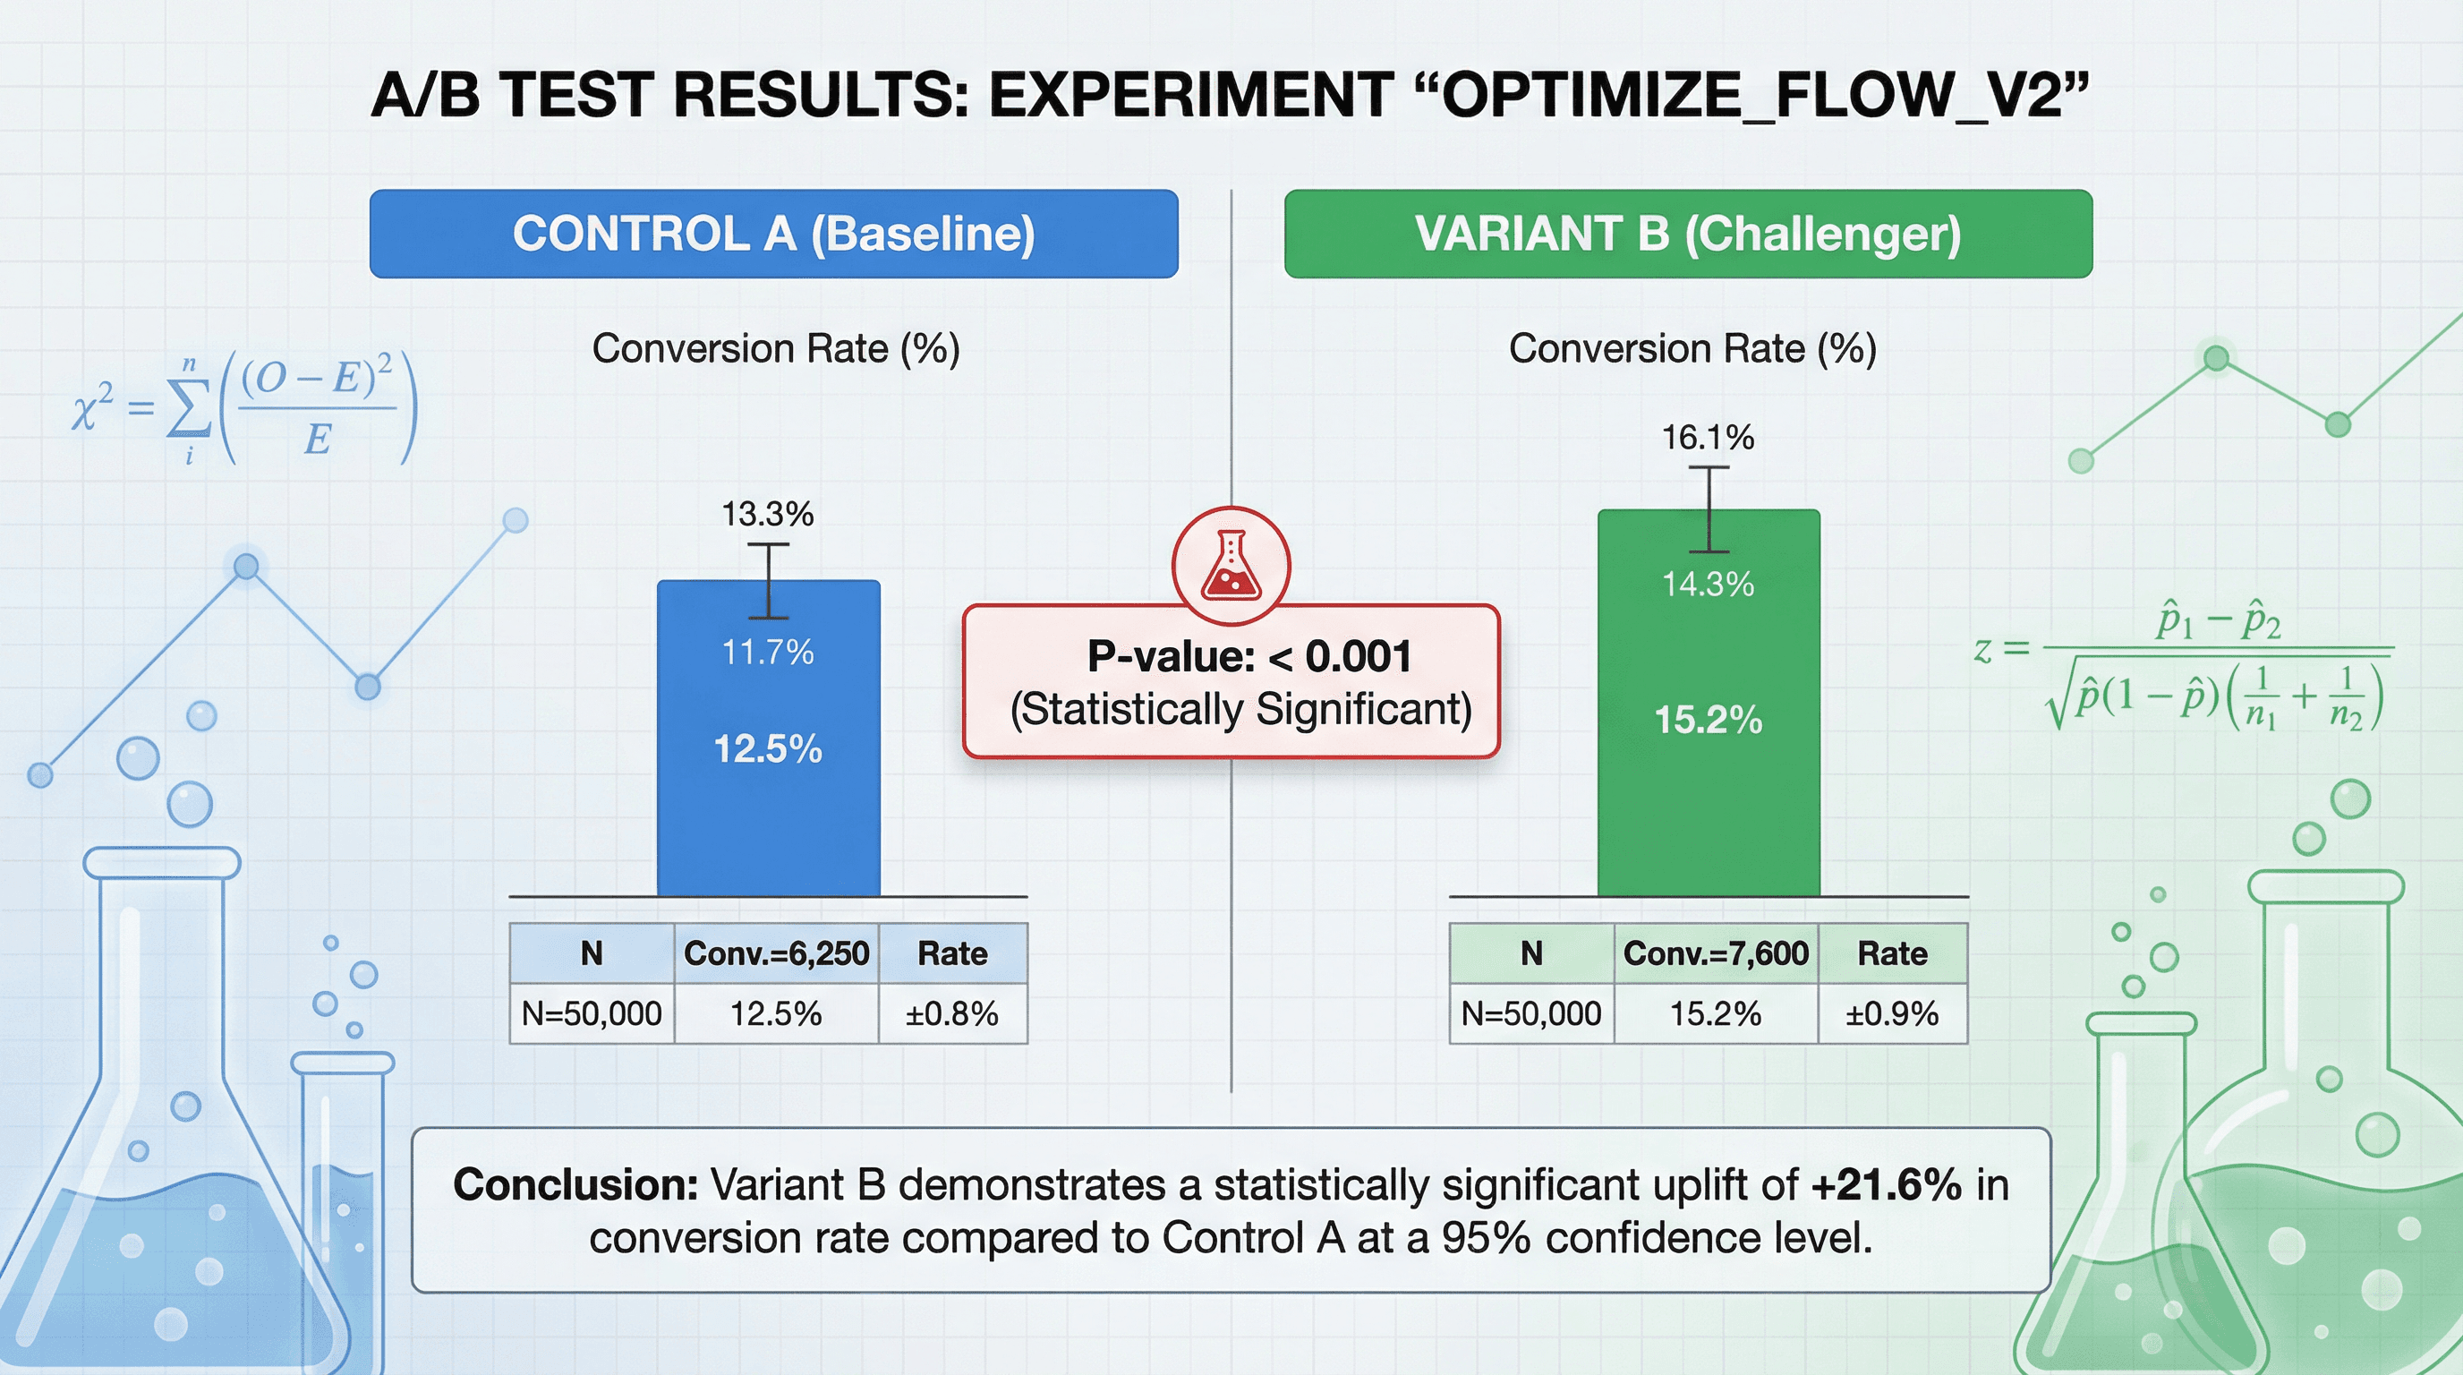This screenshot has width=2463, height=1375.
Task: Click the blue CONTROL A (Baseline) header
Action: [772, 235]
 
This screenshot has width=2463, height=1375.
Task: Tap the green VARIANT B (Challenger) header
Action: [1688, 235]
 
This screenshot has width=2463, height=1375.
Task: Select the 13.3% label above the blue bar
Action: [767, 515]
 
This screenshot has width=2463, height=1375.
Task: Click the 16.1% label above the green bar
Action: [1708, 438]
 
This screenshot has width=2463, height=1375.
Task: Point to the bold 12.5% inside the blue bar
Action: [768, 748]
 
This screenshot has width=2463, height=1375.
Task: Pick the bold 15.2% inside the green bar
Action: [1708, 720]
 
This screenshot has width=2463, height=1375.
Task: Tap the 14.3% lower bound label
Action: [1708, 585]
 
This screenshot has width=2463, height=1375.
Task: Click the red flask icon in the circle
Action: [1231, 566]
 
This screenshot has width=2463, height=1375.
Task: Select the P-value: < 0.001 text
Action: [1249, 657]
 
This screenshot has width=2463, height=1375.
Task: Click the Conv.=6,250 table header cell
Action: [776, 953]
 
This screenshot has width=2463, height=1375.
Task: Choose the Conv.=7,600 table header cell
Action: [1716, 953]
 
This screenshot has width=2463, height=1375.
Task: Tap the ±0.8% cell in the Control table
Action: [952, 1013]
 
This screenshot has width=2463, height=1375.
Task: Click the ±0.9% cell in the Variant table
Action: [1891, 1013]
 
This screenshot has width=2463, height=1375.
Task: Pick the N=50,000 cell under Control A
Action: [591, 1013]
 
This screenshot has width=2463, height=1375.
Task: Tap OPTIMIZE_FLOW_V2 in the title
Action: [1750, 96]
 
